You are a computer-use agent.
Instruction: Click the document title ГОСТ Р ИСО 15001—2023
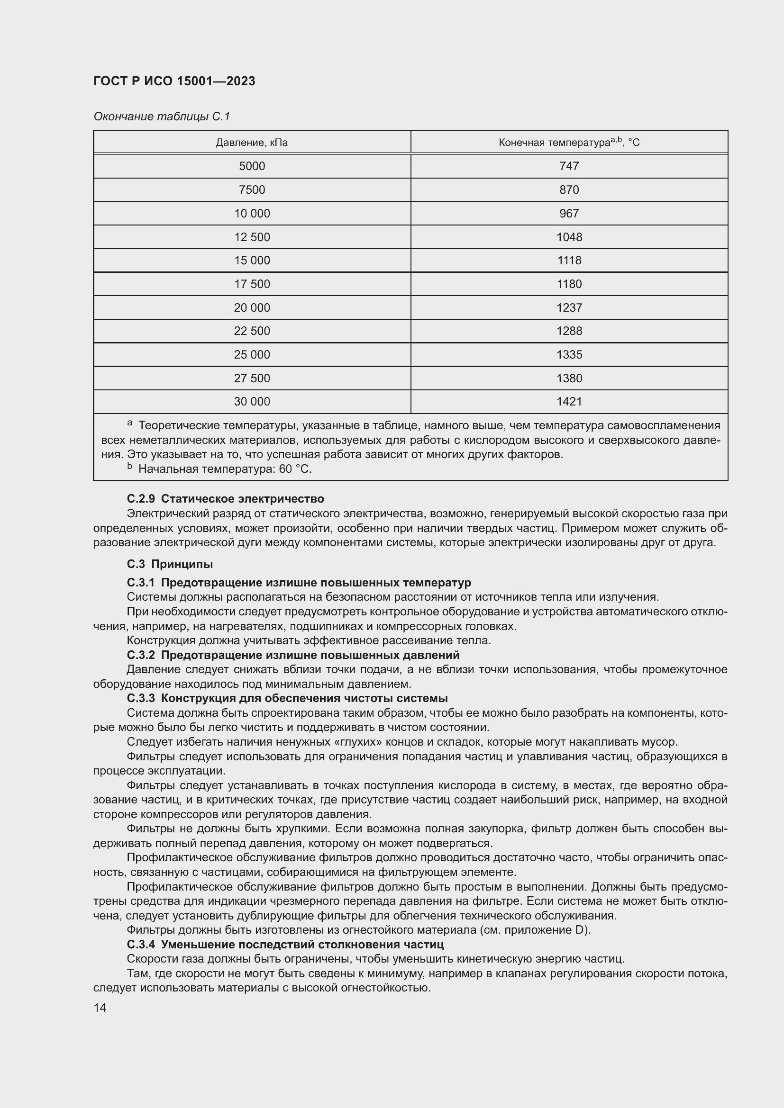(174, 81)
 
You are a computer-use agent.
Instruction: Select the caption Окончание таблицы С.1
(162, 117)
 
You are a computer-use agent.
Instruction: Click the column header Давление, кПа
(252, 143)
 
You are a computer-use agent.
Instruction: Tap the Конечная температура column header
(569, 143)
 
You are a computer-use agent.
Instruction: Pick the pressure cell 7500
(252, 189)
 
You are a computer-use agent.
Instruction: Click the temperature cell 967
(569, 213)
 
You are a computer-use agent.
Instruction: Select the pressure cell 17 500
(252, 284)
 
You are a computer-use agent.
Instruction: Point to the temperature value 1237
(569, 307)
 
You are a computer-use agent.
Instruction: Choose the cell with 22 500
(252, 331)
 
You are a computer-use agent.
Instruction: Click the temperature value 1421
(569, 402)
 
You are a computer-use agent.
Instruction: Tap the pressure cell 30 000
(252, 402)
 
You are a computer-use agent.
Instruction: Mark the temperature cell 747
(569, 166)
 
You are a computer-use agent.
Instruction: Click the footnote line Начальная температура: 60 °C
(225, 469)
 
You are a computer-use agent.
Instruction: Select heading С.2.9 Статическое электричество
(225, 498)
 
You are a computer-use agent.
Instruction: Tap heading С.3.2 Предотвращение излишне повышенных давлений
(293, 655)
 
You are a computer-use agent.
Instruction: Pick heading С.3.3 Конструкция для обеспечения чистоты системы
(287, 698)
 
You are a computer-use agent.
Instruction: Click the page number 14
(100, 1008)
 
